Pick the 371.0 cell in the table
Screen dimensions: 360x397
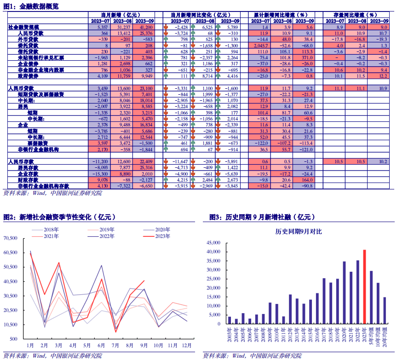(305, 58)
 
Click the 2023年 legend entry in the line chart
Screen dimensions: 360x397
(161, 236)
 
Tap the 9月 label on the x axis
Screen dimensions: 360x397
(144, 345)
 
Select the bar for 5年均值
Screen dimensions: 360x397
(371, 297)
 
